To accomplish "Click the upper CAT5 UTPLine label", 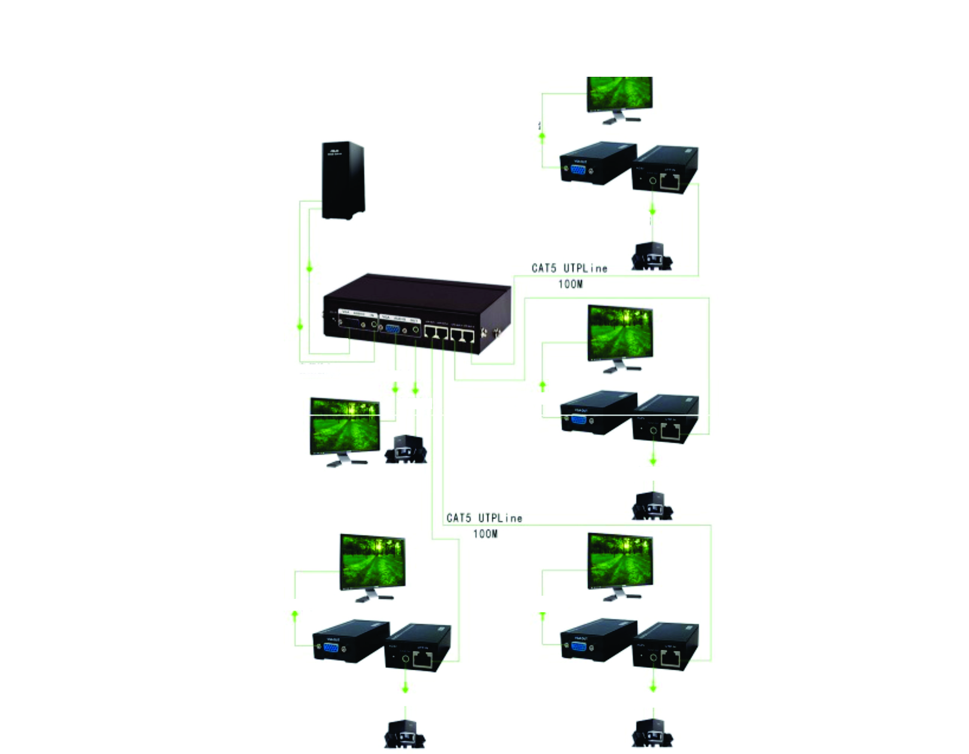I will coord(569,268).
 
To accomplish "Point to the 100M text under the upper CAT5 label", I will coord(570,284).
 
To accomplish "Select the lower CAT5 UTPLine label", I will coord(484,518).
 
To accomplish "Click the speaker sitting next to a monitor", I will coord(405,451).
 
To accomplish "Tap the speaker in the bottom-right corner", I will coord(652,734).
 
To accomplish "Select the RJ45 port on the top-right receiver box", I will coord(670,182).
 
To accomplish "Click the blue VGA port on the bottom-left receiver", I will coord(331,648).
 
